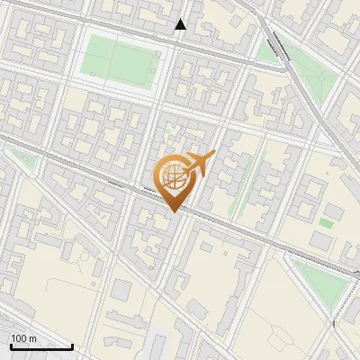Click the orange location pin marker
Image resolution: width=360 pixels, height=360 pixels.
175,178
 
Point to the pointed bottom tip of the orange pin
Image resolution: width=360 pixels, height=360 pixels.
175,211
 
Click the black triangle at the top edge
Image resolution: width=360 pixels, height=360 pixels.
180,24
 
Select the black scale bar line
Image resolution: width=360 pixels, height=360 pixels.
41,346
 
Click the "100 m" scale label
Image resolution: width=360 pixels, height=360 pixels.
24,338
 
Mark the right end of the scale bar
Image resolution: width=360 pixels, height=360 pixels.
72,346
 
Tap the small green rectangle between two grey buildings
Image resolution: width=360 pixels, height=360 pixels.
326,221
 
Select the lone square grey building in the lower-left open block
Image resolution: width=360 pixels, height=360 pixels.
121,289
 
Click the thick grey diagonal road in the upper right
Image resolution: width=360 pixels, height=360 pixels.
306,90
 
